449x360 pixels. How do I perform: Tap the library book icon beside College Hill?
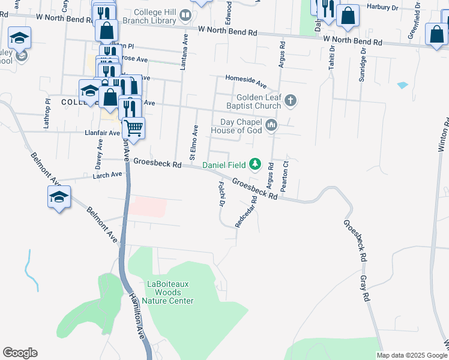[x=185, y=15]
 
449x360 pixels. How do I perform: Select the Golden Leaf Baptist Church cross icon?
[x=291, y=100]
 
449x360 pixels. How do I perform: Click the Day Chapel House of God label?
[x=239, y=126]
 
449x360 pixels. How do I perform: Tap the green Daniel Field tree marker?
[x=255, y=163]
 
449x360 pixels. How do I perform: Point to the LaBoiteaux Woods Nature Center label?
[x=170, y=292]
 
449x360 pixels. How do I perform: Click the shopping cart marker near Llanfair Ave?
[x=133, y=127]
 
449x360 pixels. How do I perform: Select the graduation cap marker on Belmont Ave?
[x=59, y=197]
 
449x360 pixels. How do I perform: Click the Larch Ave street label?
[x=107, y=175]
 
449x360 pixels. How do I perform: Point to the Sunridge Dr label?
[x=362, y=68]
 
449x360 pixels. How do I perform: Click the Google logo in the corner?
[x=20, y=353]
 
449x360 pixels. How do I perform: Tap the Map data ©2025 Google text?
[x=411, y=355]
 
